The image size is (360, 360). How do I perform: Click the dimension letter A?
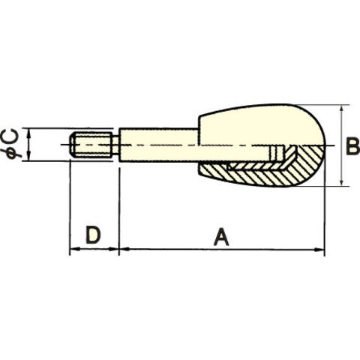[221, 236]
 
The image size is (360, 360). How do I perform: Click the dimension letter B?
[352, 146]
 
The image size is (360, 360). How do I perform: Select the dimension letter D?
[93, 235]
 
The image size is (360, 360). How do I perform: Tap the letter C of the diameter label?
[13, 136]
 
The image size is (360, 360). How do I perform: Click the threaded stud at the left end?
[91, 145]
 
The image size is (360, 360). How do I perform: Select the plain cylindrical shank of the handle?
[158, 145]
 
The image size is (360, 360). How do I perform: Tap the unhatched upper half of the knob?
[261, 125]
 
